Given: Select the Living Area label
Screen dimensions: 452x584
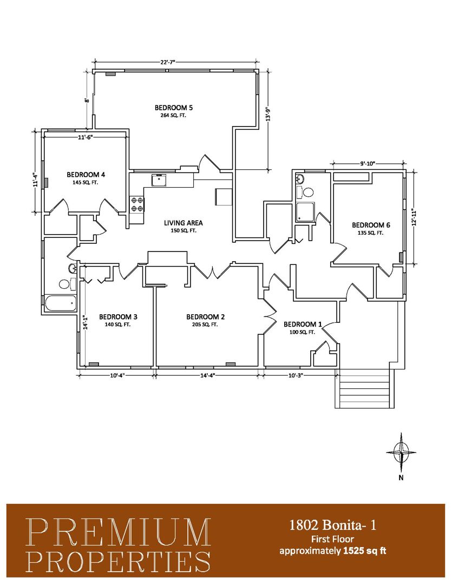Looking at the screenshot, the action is (x=184, y=223).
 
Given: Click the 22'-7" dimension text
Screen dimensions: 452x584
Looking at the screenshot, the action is (x=168, y=62).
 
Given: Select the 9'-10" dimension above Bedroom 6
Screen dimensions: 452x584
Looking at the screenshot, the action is (x=368, y=163).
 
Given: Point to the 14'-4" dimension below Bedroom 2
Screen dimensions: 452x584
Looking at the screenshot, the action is (x=207, y=375).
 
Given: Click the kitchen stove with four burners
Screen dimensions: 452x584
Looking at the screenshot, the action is (x=136, y=204).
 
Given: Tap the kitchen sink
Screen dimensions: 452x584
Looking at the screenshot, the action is (x=159, y=180).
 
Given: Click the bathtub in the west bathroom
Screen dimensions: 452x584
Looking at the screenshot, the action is (x=61, y=303).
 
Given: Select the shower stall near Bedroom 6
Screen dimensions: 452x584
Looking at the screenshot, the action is (x=305, y=213).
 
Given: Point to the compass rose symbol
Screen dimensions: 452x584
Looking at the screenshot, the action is (x=401, y=452).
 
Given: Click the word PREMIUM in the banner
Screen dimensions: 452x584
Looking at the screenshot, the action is (x=119, y=533).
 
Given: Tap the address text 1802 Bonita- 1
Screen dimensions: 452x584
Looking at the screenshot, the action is (x=333, y=525).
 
